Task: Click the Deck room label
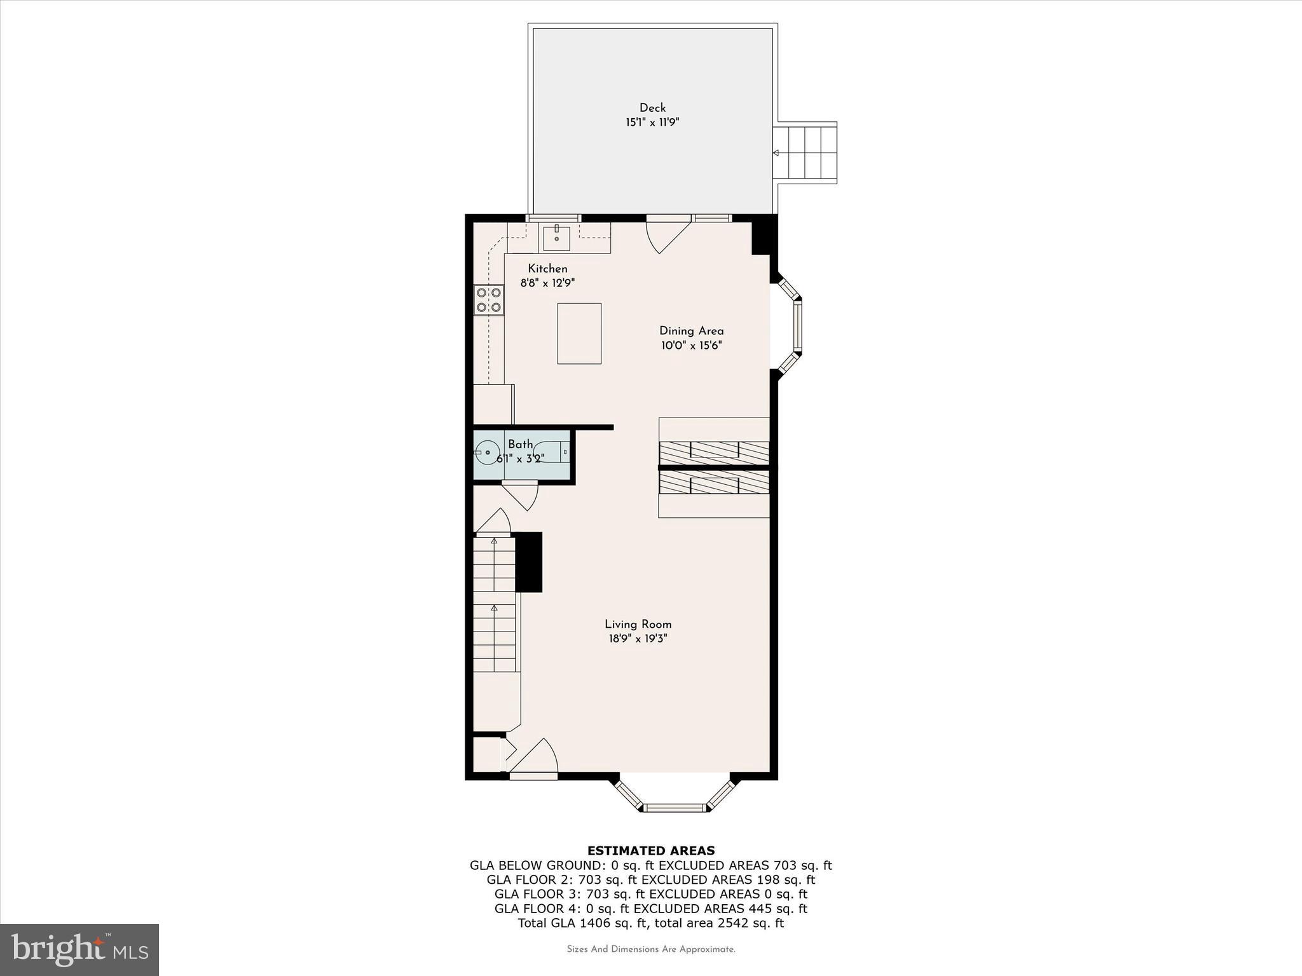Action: pos(652,108)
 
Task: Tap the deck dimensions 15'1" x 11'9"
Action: pos(652,123)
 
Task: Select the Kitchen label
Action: pos(547,269)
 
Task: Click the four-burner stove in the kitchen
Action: pos(489,300)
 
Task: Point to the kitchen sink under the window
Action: pos(556,237)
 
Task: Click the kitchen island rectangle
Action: pos(579,334)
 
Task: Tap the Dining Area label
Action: pos(691,331)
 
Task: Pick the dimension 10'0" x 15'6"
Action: pos(691,346)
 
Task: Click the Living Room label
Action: pos(638,625)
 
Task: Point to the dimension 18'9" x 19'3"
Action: pos(638,639)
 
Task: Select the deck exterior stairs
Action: pos(805,152)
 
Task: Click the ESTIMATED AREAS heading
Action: pos(650,851)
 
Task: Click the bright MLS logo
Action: pos(79,949)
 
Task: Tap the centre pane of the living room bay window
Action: pos(675,808)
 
